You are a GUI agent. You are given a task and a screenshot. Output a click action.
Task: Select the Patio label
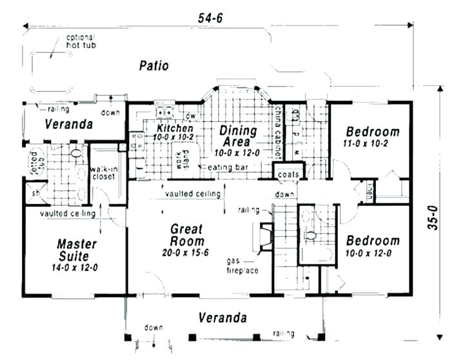click(x=153, y=66)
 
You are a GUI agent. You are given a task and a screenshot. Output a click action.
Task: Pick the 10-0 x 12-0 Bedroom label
click(x=372, y=246)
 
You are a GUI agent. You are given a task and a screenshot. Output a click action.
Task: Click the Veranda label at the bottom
click(x=222, y=317)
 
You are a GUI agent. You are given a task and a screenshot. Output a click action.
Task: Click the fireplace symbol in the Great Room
click(x=264, y=237)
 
